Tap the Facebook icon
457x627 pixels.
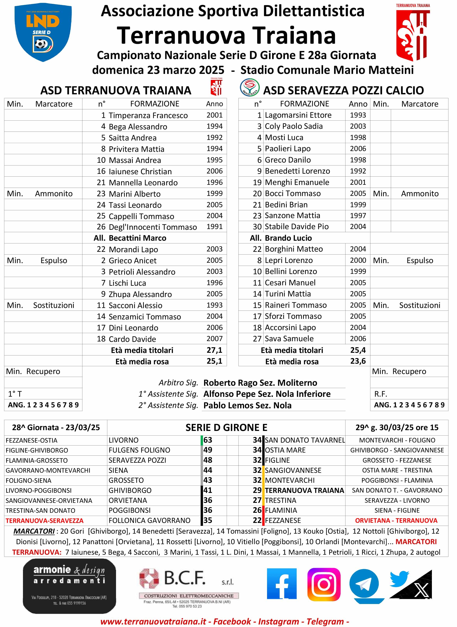[x=282, y=584]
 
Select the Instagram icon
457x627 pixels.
[x=324, y=584]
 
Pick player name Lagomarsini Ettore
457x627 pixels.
[x=298, y=115]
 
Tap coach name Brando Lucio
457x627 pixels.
[x=288, y=238]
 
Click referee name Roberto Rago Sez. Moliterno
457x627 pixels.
[x=260, y=383]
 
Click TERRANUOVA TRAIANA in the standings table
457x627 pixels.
[x=304, y=490]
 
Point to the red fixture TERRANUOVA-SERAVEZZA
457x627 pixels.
[x=45, y=521]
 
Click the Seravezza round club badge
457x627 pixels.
[x=250, y=88]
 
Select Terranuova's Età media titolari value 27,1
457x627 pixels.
[x=214, y=350]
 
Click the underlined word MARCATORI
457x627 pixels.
[x=34, y=531]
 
